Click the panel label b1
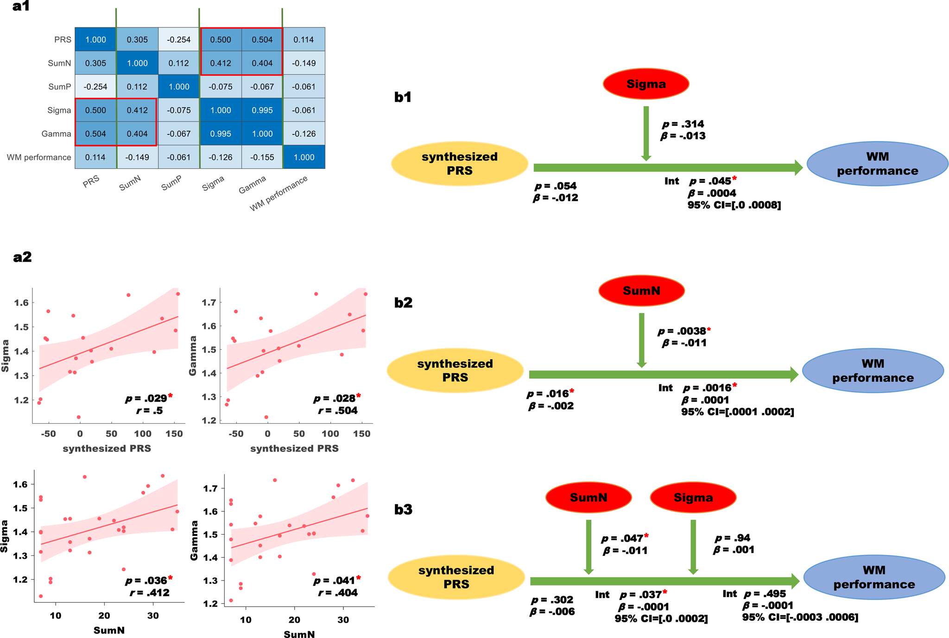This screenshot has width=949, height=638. (x=403, y=97)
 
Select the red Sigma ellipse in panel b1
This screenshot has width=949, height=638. (x=645, y=84)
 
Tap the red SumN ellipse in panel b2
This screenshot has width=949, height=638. (x=641, y=291)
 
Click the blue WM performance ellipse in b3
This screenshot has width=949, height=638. (x=874, y=577)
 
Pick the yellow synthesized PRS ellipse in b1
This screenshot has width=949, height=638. (x=460, y=164)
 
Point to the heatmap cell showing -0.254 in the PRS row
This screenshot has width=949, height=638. (x=179, y=40)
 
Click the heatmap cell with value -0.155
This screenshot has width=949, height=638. (x=262, y=157)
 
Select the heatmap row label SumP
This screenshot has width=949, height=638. (x=60, y=87)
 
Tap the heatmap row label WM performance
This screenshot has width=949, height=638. (x=39, y=158)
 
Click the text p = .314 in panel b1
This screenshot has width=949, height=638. (x=683, y=124)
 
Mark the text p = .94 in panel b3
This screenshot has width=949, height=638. (x=733, y=538)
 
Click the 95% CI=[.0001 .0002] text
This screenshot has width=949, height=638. (x=737, y=412)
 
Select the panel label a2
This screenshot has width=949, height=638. (x=22, y=257)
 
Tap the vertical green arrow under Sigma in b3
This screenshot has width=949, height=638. (x=693, y=547)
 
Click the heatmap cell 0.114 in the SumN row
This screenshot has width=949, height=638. (x=179, y=63)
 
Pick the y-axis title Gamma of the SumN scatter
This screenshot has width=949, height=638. (x=194, y=540)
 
